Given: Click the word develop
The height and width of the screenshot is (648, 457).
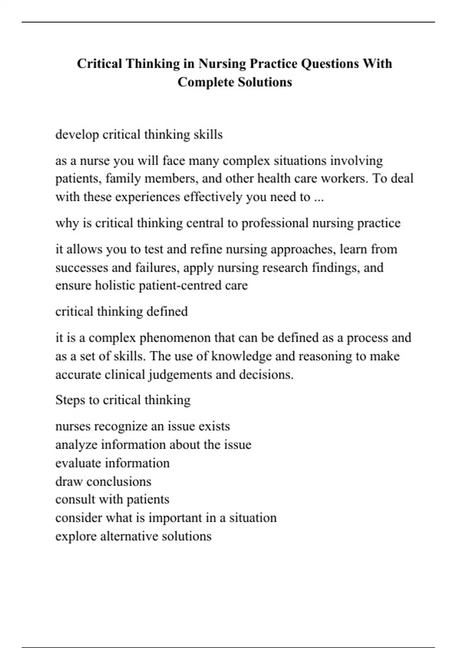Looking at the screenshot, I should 77,135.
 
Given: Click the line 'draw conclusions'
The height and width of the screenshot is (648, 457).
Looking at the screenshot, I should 103,481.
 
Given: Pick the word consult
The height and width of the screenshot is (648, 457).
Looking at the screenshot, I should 75,499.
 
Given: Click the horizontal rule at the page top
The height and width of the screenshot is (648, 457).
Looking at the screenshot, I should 228,22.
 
